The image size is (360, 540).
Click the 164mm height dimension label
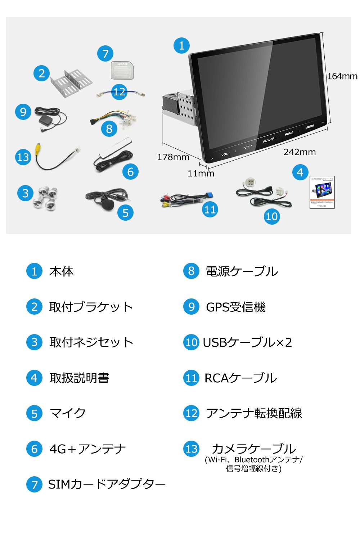342,76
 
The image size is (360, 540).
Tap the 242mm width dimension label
300,152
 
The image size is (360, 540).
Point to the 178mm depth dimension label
173,157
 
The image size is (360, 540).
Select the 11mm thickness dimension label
201,174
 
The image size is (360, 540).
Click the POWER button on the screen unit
269,140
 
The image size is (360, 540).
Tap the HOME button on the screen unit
289,133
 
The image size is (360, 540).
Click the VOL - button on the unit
225,154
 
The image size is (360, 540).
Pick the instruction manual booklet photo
322,192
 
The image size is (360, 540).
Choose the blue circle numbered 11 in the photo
210,209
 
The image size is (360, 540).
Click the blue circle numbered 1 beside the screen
181,45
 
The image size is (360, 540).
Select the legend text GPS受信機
235,307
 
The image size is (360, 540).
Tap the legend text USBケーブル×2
247,342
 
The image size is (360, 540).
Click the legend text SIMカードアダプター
107,484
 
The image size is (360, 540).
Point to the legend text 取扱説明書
79,378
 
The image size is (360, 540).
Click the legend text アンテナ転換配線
254,413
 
